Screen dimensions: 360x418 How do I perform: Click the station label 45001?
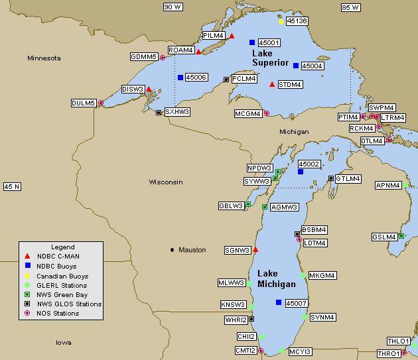[x=269, y=42]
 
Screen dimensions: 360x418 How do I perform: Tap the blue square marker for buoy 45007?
[x=278, y=302]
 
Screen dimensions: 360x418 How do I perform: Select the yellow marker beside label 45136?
[x=281, y=21]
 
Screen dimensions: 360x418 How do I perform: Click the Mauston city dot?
[x=173, y=250]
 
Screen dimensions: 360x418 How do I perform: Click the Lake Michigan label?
[x=276, y=279]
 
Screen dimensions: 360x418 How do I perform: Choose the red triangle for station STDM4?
[x=272, y=84]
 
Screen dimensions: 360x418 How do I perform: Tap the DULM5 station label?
[x=84, y=103]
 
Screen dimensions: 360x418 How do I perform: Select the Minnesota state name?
[x=44, y=58]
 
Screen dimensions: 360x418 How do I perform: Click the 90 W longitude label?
[x=173, y=7]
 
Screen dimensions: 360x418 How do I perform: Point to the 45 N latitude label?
[x=12, y=187]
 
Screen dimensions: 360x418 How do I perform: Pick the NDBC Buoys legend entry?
[x=56, y=266]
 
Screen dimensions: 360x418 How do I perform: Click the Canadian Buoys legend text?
[x=62, y=276]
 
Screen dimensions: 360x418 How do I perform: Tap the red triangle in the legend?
[x=27, y=257]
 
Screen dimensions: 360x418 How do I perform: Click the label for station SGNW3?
[x=238, y=250]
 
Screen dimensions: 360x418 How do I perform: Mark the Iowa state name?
[x=64, y=343]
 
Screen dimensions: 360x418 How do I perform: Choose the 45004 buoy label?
[x=312, y=66]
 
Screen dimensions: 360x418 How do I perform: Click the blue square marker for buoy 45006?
[x=180, y=78]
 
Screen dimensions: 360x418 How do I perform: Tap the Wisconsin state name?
[x=165, y=182]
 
